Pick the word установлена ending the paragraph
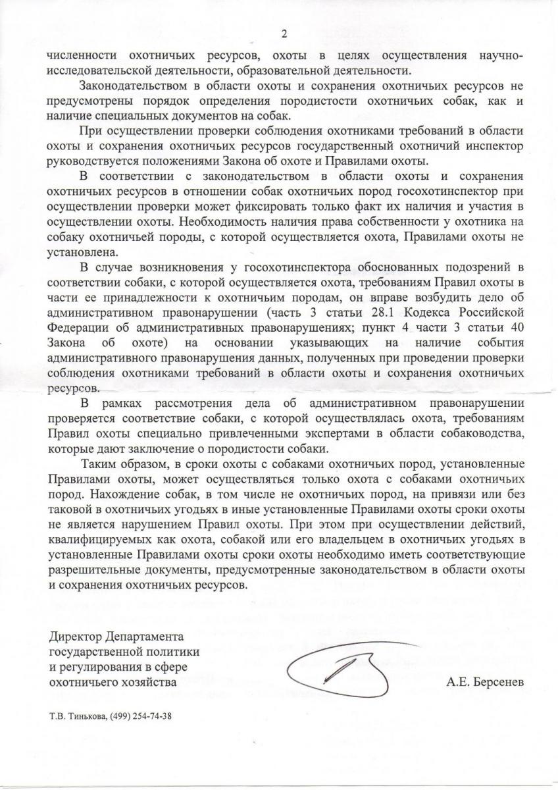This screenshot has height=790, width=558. (x=77, y=251)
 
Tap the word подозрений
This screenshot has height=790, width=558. (x=477, y=269)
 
